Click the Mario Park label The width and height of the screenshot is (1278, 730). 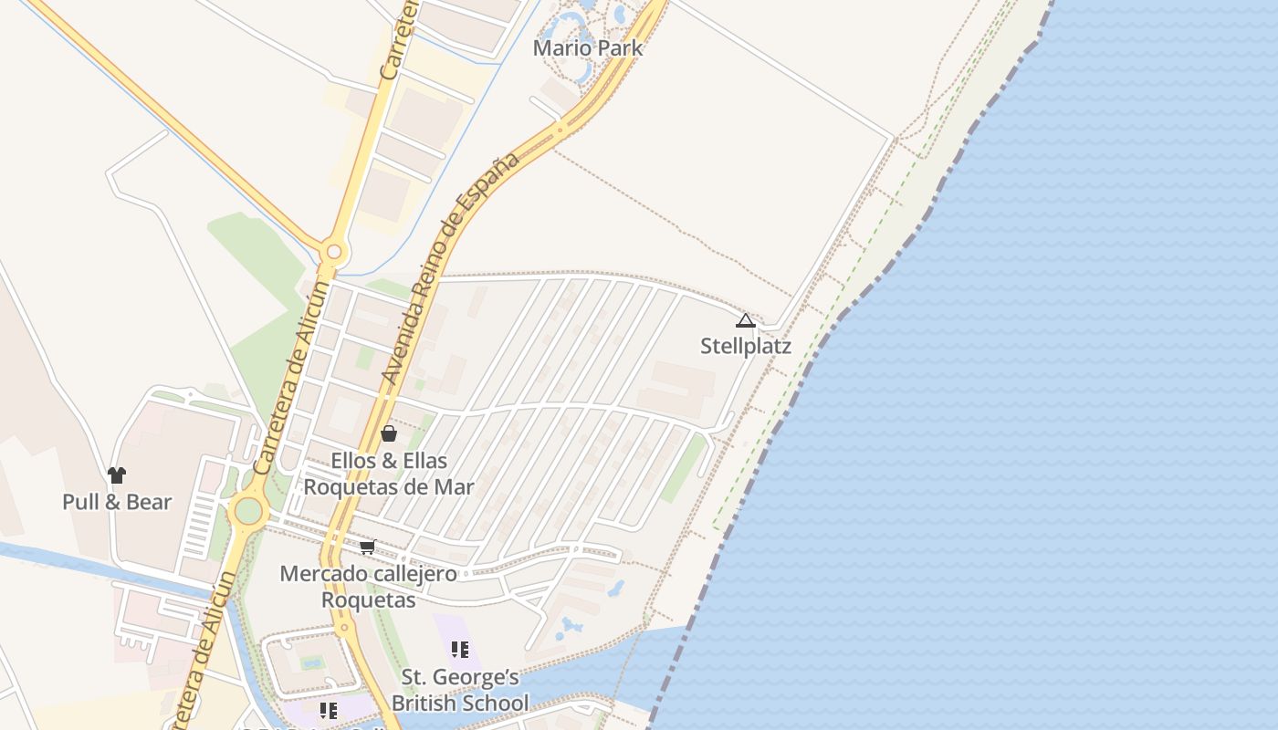tap(588, 48)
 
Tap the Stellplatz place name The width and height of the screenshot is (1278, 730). tap(746, 347)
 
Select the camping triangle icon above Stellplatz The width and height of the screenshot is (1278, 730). tap(746, 320)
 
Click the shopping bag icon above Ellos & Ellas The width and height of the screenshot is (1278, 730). tap(389, 433)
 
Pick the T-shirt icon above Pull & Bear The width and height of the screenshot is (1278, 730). tap(117, 474)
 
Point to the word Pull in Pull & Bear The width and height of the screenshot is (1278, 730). tap(80, 502)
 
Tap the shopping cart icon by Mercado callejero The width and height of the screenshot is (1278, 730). tap(367, 547)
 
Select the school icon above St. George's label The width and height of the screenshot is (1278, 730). tap(460, 650)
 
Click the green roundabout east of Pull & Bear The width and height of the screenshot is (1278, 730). tap(248, 510)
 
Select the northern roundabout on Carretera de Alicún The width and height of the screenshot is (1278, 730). tap(334, 251)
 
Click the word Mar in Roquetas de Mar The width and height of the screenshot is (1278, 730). tap(454, 486)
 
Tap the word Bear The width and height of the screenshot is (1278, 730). tap(149, 502)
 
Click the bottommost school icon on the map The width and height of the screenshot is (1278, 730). tap(329, 710)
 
